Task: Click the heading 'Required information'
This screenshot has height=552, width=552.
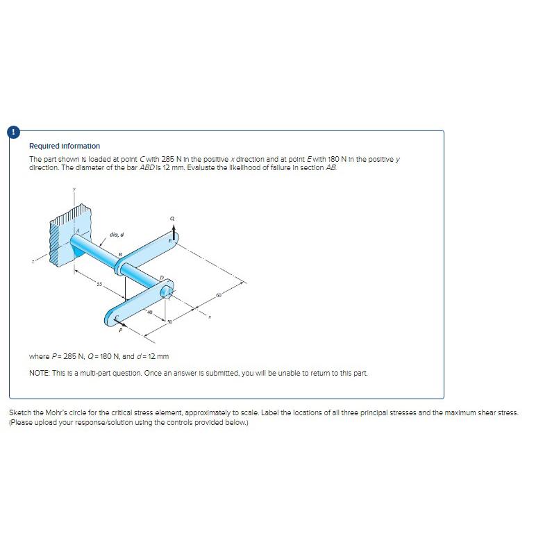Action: coord(65,146)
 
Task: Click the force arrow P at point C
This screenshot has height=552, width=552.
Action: coord(124,323)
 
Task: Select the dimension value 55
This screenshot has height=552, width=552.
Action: coord(99,285)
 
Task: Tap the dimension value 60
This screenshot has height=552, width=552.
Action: coord(218,295)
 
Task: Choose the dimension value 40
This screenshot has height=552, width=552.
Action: coord(149,312)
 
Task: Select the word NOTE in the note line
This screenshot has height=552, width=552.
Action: coord(38,373)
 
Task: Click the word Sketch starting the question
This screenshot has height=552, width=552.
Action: coord(19,412)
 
